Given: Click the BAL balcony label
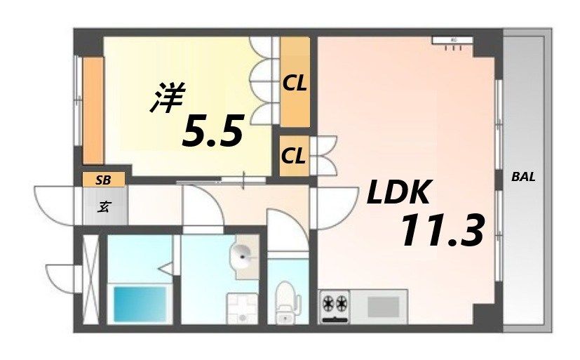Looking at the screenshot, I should (x=522, y=178).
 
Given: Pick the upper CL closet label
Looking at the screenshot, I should (x=295, y=84).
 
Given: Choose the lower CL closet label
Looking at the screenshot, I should (x=294, y=155).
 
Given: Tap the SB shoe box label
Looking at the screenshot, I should (x=104, y=180).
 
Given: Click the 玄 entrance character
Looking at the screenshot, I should (x=104, y=207).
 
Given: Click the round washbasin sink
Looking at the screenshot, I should (x=244, y=257).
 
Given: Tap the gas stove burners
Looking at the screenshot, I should (x=335, y=305).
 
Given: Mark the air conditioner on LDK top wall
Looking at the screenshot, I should (x=453, y=41).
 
